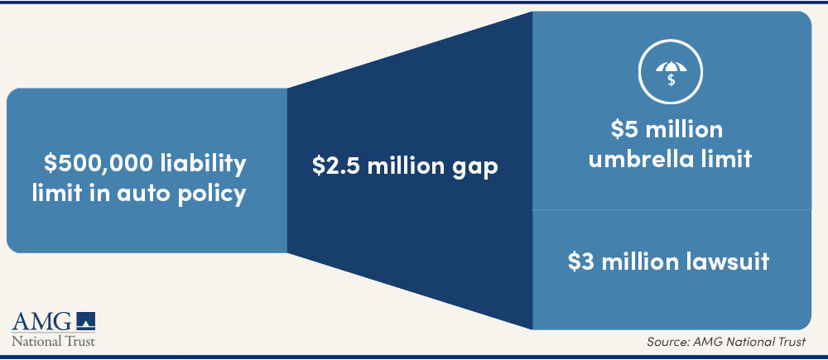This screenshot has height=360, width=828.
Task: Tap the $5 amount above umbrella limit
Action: point(623,129)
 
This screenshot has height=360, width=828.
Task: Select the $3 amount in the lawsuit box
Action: point(580,262)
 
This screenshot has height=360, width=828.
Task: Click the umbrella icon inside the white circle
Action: point(671,68)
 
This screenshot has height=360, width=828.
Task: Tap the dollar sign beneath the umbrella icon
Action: point(671,80)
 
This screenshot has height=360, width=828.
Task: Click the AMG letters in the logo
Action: point(41,321)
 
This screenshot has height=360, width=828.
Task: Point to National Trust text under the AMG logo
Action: point(53,341)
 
